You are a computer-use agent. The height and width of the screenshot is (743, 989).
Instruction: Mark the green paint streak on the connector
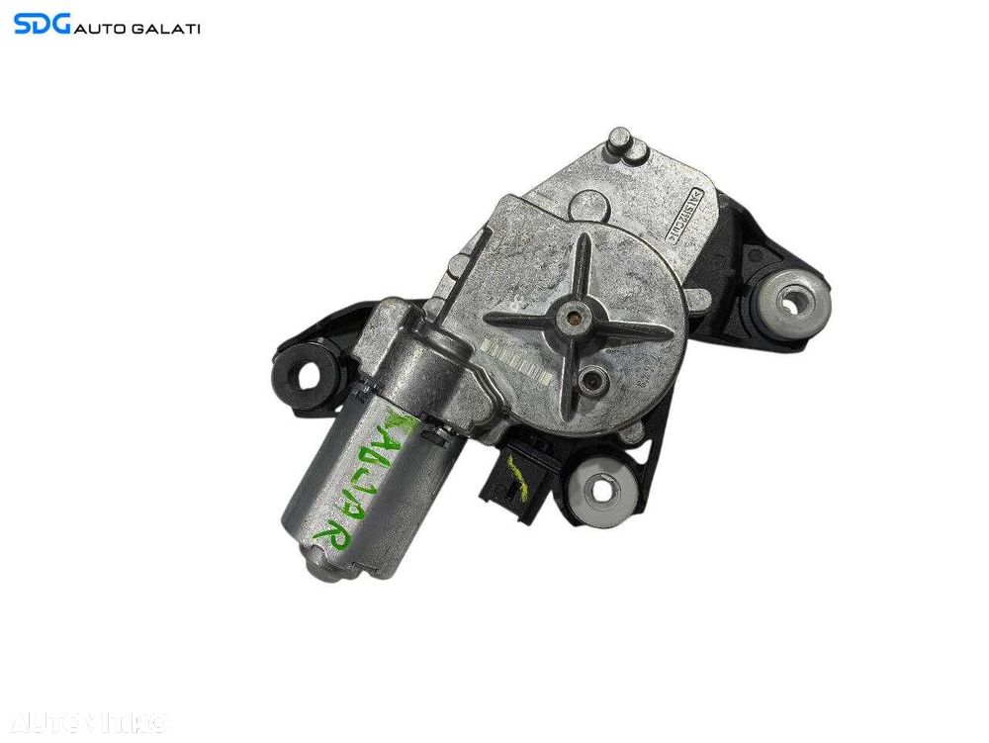[515, 464]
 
